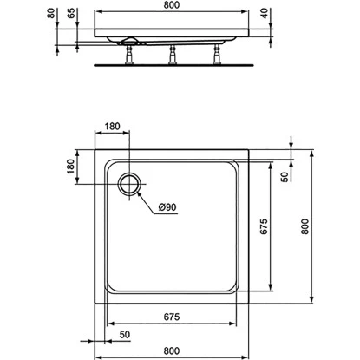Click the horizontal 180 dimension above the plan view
pos(113,126)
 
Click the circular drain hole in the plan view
pos(131,183)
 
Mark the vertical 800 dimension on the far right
pos(304,227)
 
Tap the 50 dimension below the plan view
pos(125,334)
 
